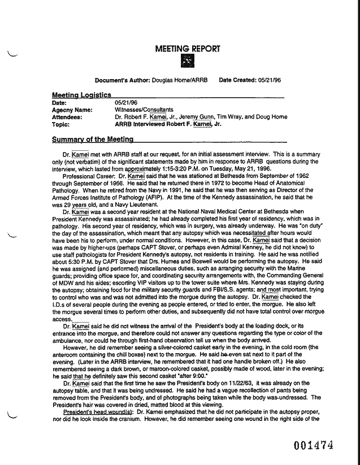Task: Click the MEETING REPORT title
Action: (187, 49)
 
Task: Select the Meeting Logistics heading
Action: (81, 95)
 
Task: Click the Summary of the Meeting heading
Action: (93, 139)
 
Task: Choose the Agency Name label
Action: (72, 110)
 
